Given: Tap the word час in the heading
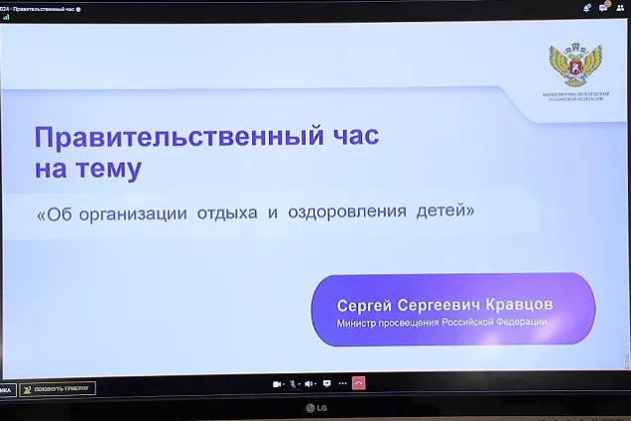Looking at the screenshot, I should coord(350,136).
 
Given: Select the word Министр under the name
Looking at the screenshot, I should coord(359,323).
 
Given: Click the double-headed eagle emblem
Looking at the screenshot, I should coord(575,65).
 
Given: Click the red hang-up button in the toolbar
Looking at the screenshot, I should coord(359,383).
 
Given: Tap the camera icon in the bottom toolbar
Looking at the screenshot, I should coord(277,383).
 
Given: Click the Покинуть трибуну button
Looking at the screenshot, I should coord(59,388).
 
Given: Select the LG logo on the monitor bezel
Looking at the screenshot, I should coord(315,407).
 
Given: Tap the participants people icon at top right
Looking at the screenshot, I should coord(620,8).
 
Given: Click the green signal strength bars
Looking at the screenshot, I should coord(6,17).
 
